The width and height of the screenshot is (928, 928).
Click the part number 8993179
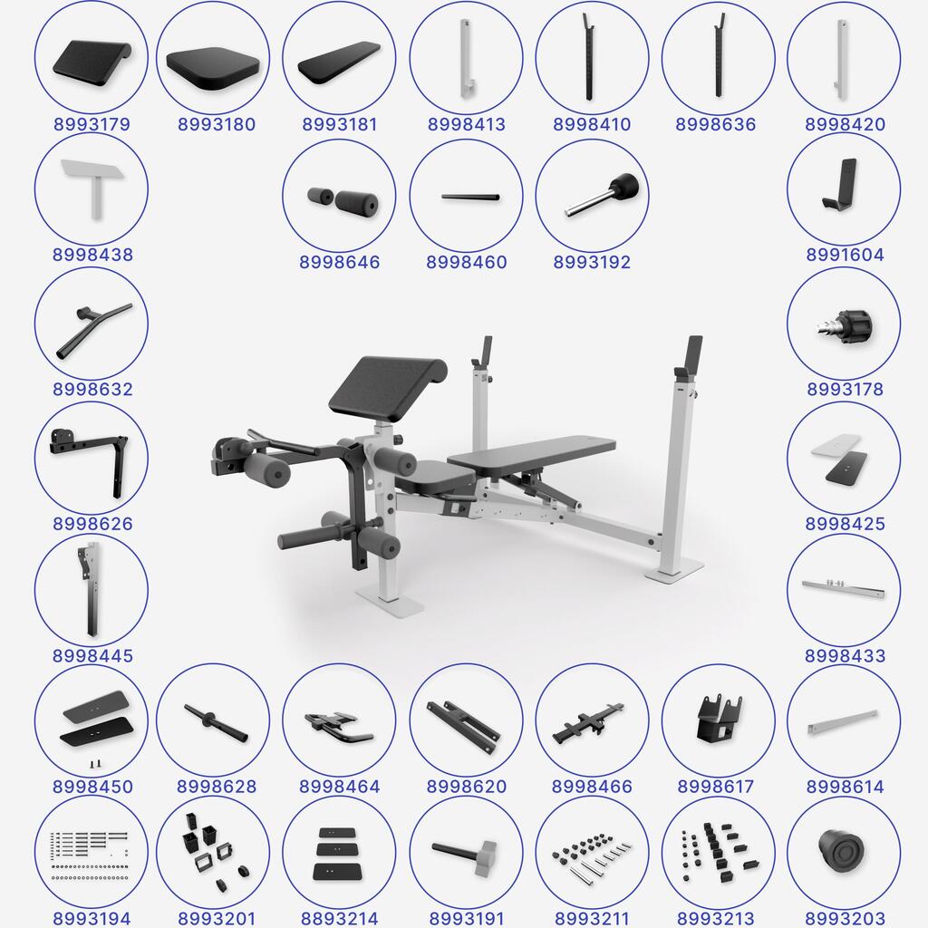coord(92,124)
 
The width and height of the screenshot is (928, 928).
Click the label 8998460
coord(467,262)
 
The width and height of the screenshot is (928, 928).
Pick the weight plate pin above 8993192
coord(602,195)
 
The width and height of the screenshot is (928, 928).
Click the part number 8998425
coord(846,524)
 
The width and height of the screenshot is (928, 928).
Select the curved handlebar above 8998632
coord(93,331)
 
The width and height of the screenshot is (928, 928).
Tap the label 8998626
coord(92,524)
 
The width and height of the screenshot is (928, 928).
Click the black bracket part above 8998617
coord(719,718)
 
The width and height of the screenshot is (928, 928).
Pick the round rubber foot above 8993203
coord(843,850)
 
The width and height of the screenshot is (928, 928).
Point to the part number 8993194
coord(92,919)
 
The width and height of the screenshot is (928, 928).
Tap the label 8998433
coord(846,656)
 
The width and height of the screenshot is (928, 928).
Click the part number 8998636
coord(716,124)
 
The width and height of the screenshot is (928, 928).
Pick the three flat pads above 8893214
coord(337,853)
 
